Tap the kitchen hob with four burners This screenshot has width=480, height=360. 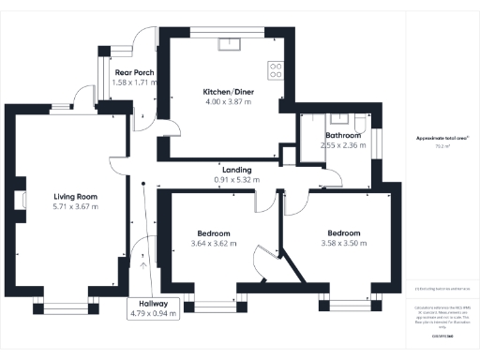pos(277,67)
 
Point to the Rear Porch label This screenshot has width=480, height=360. pos(134,72)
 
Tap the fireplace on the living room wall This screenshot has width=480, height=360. pos(19,198)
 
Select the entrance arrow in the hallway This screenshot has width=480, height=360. pos(142,263)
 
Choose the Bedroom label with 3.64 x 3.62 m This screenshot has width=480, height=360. pos(214,233)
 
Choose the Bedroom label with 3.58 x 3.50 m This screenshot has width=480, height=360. pos(343,233)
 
